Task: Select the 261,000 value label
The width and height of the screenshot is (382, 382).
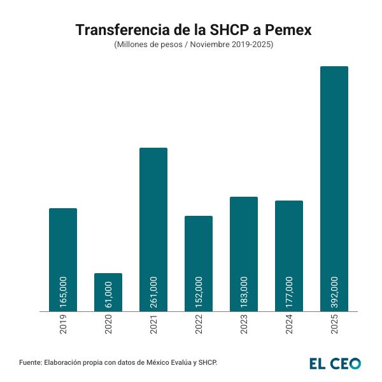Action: (153, 292)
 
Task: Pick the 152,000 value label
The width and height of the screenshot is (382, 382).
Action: (199, 292)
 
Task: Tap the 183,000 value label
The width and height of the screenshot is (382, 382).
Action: (244, 292)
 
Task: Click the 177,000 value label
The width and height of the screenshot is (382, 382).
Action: (289, 292)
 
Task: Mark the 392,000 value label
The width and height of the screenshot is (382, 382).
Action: (334, 292)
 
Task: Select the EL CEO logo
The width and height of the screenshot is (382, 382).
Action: (335, 363)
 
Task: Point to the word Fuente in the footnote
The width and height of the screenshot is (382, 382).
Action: (31, 362)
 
